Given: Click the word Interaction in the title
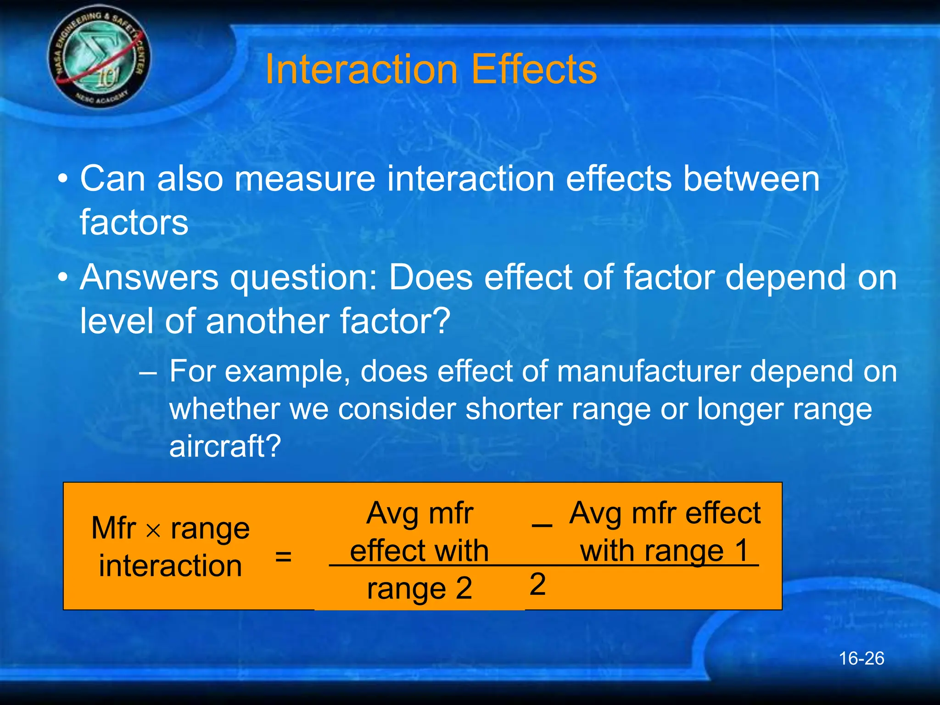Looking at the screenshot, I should point(361,70).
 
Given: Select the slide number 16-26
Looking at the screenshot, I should point(861,659).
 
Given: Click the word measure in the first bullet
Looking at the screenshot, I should point(305,179).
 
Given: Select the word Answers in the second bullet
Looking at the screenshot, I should point(149,278).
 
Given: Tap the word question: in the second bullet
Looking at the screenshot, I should point(303,279).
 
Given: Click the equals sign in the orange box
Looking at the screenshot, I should point(283,557).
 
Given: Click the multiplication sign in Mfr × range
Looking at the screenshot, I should point(153,531).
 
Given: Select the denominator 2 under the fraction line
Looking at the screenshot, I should point(537,585).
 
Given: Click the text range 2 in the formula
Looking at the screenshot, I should point(419,588).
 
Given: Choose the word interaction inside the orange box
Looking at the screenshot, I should point(170,566).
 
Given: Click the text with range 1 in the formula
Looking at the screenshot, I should point(664,551).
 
